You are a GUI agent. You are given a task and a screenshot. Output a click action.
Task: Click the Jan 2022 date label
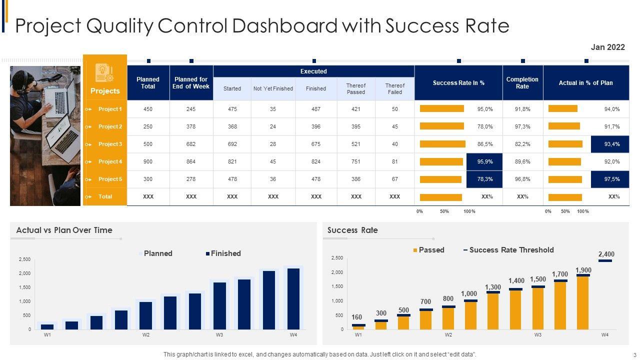(x=607, y=47)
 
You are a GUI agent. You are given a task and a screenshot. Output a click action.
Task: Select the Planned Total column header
(x=148, y=83)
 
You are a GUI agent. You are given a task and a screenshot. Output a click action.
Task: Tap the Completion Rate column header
(x=522, y=83)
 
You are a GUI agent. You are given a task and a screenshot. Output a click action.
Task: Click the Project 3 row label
(x=110, y=144)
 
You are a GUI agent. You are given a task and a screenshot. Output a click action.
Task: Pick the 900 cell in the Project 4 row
(x=148, y=161)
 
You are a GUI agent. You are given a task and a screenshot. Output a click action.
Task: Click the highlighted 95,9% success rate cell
(x=484, y=161)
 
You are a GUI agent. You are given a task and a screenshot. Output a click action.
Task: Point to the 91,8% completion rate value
(x=522, y=109)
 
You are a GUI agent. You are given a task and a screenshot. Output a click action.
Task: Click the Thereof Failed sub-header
(x=394, y=88)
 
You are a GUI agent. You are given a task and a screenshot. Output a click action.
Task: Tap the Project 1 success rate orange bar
(x=442, y=109)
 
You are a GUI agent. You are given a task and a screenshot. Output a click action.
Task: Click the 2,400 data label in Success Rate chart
(x=606, y=254)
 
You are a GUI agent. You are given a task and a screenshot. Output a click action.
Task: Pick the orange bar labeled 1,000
(x=470, y=316)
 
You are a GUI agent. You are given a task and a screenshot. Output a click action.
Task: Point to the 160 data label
(x=356, y=317)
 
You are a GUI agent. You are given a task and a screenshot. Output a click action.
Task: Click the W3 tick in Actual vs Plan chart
(x=219, y=335)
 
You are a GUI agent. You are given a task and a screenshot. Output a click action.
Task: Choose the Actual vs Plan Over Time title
(x=64, y=230)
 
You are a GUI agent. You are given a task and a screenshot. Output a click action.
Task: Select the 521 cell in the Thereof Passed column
(x=356, y=144)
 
